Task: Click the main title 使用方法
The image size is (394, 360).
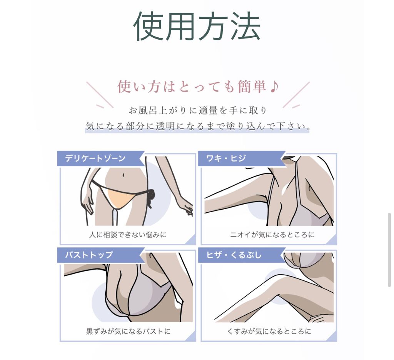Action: tap(197, 26)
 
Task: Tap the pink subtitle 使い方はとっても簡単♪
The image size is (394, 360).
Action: tap(198, 87)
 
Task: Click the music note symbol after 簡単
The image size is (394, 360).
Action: tap(274, 87)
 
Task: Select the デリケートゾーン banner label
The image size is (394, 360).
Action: tap(95, 158)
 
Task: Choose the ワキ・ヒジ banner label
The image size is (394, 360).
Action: tap(226, 158)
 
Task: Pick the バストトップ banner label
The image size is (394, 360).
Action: tap(89, 255)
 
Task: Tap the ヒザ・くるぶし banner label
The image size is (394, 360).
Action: tap(234, 255)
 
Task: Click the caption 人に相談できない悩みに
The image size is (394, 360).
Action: tap(128, 235)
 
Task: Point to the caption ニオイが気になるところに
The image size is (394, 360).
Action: tap(272, 235)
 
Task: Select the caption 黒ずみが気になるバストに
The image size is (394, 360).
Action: tap(128, 332)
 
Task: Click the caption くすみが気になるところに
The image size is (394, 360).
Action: tap(269, 332)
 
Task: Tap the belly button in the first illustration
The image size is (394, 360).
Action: tap(123, 175)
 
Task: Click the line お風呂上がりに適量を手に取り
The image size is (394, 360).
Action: tap(198, 110)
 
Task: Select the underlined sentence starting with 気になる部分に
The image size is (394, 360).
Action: tap(197, 126)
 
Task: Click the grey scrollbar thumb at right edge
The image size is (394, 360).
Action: tap(389, 250)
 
